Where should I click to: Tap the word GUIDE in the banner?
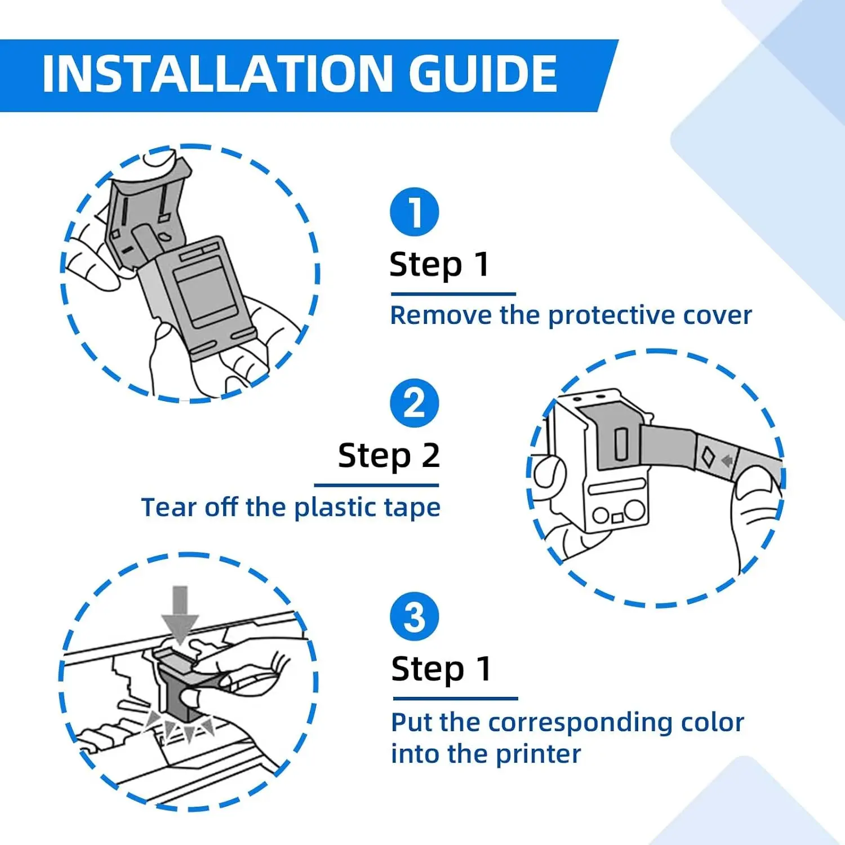[483, 74]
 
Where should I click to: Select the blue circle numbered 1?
[415, 212]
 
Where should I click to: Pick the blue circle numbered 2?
[415, 403]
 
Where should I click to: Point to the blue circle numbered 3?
[415, 616]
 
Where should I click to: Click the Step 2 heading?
[389, 456]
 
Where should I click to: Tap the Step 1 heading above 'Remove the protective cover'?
[439, 265]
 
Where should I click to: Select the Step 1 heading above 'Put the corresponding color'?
[441, 670]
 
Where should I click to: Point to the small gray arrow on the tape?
[727, 461]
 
